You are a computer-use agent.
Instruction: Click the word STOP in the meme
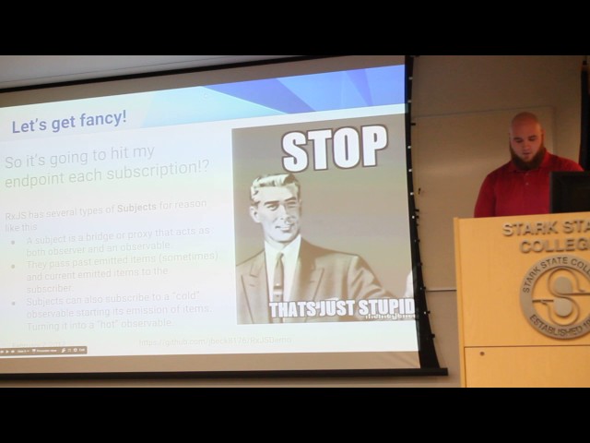pos(335,149)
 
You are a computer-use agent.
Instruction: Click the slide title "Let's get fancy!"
pos(69,124)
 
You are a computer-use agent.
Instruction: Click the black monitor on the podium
pos(570,191)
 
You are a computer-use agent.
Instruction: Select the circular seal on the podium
pos(556,296)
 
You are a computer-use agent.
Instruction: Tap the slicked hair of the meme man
pos(272,184)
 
